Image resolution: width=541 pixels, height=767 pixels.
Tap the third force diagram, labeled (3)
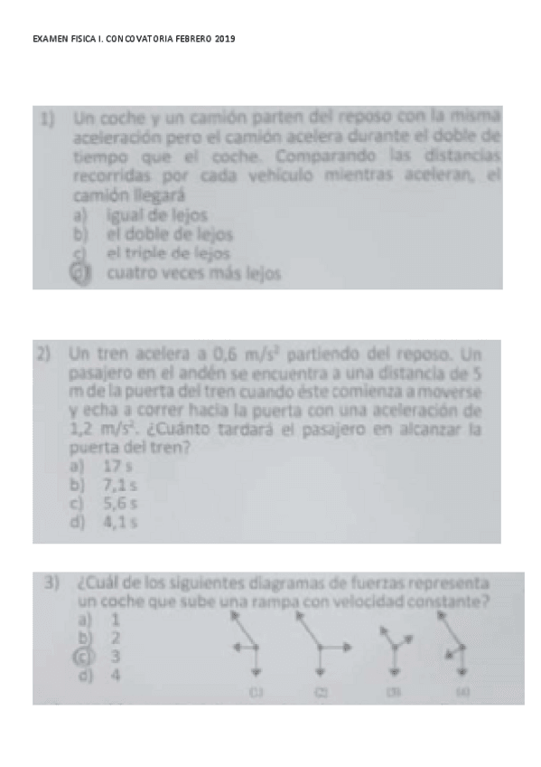point(395,651)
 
